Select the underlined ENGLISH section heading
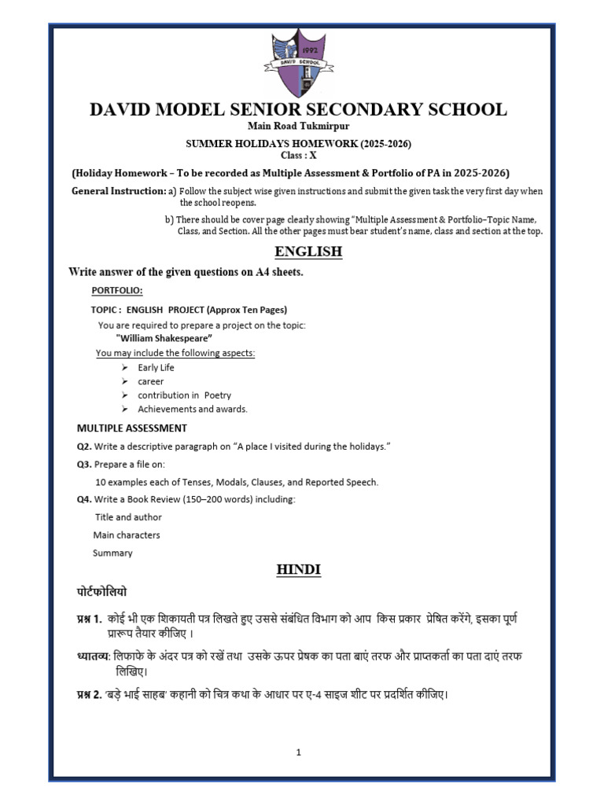click(308, 252)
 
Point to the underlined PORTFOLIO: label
click(117, 291)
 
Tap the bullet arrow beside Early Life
click(125, 367)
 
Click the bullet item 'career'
click(150, 381)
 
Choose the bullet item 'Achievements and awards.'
click(192, 409)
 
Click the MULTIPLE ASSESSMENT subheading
click(131, 428)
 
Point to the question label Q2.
click(83, 447)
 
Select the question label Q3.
click(83, 465)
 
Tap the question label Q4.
click(83, 499)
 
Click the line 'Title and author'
click(128, 517)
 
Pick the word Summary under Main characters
click(112, 553)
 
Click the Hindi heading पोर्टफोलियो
click(97, 591)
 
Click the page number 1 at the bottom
click(299, 752)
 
